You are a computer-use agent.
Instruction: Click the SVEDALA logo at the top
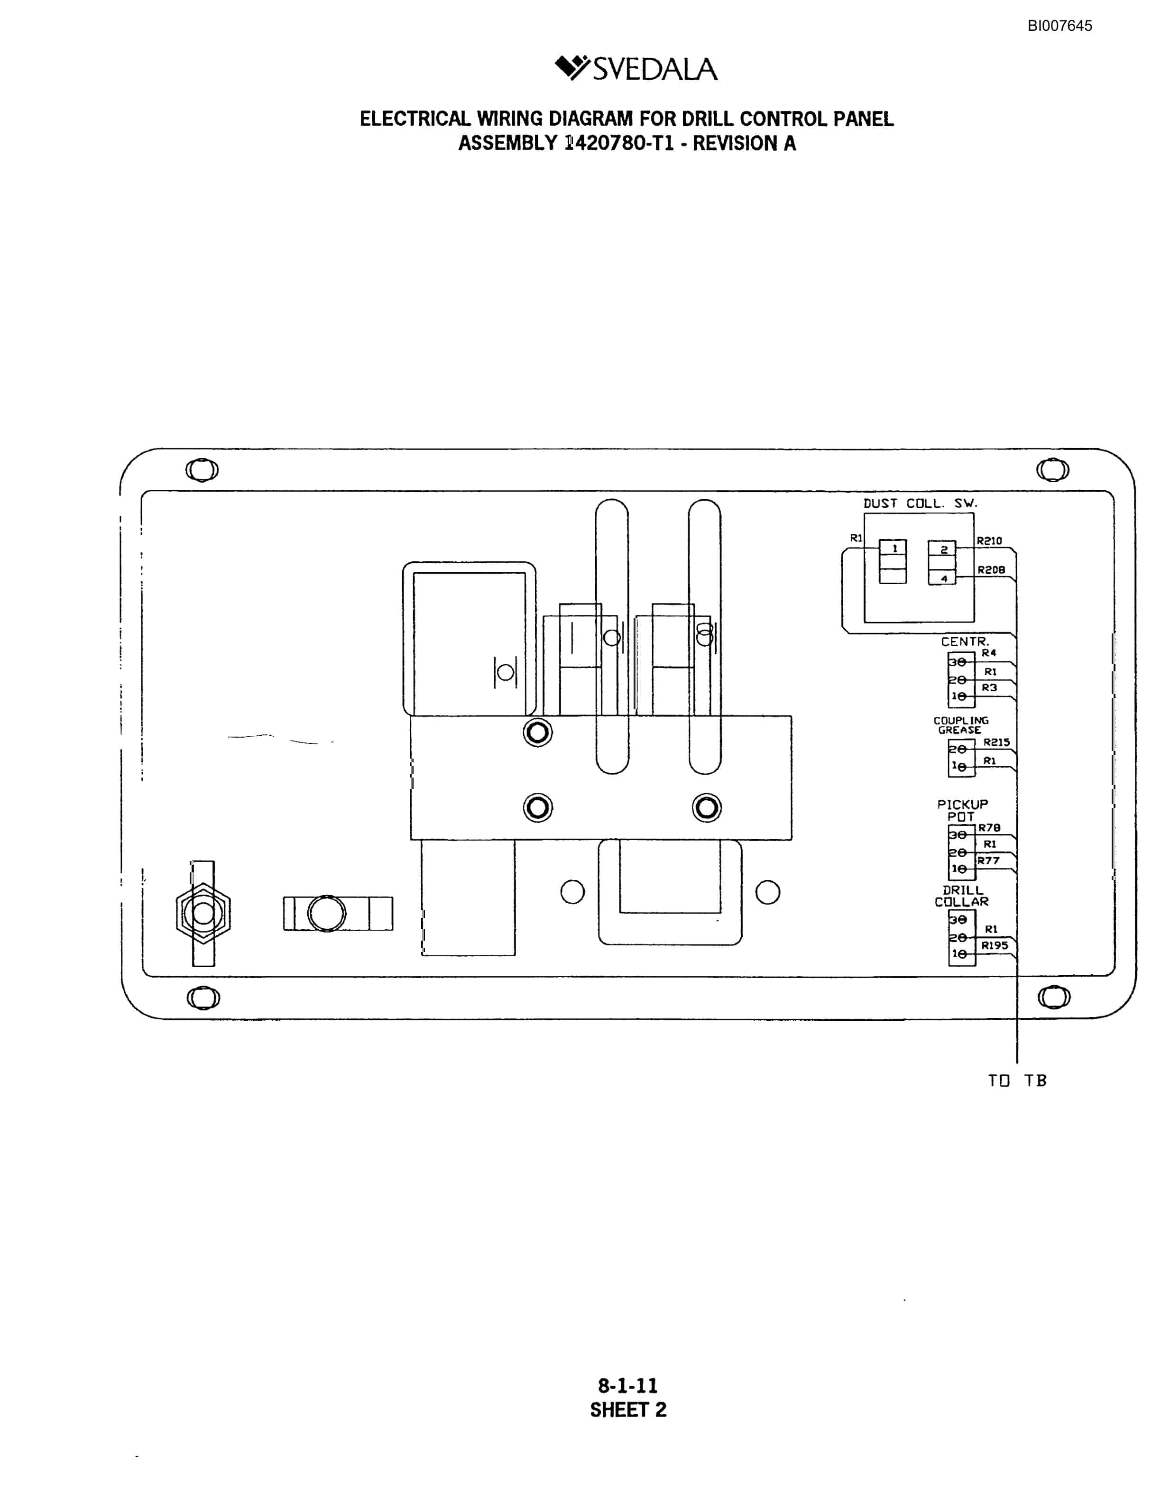point(636,68)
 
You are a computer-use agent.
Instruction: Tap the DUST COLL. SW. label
point(920,504)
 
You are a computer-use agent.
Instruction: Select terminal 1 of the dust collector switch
point(894,548)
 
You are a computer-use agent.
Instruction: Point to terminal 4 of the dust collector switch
point(942,578)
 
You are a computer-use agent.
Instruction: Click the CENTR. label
point(965,641)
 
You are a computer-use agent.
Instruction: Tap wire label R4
point(988,653)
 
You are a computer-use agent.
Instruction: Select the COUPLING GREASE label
point(960,725)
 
